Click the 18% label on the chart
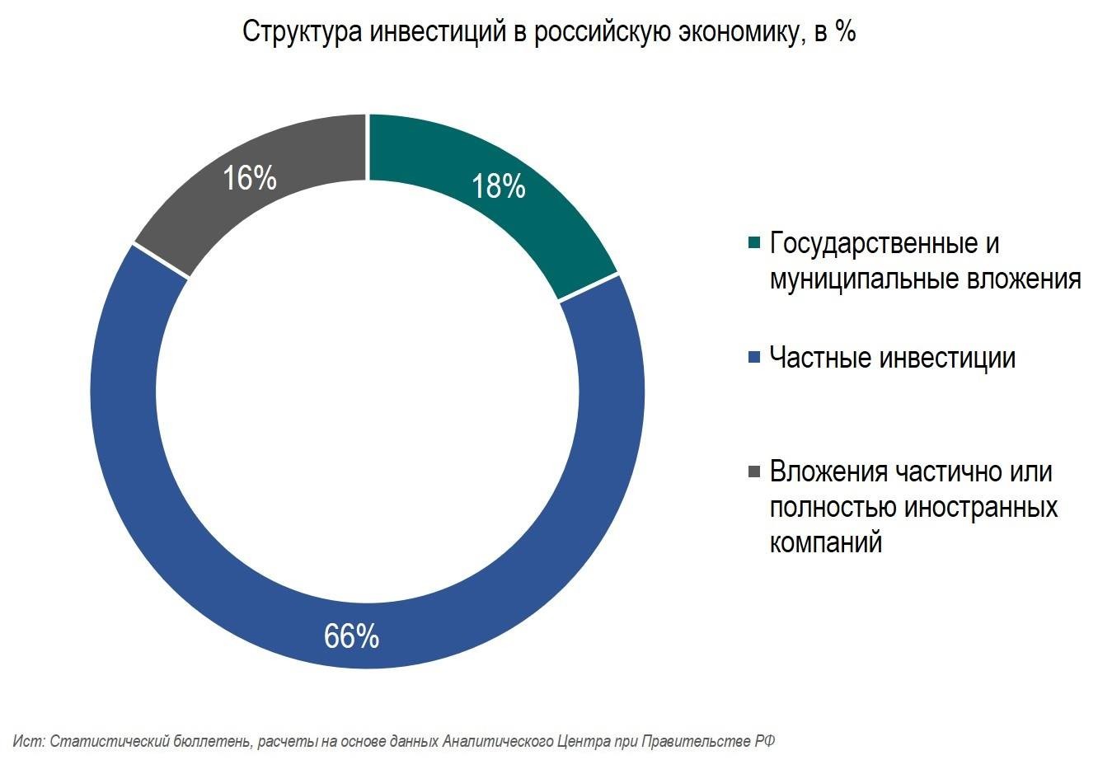498,187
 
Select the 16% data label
250,177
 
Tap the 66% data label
351,636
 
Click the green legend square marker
753,243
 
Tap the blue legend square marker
753,358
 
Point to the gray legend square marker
753,471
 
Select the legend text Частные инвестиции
892,358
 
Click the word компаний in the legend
825,542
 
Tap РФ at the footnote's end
765,741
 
